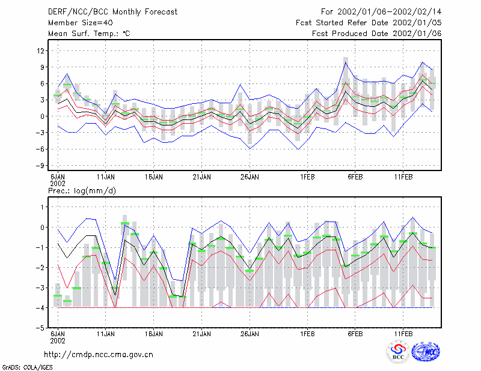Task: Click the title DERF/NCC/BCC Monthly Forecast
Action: (112, 12)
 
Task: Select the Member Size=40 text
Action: (81, 23)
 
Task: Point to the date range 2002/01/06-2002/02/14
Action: (389, 12)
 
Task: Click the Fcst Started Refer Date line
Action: (369, 23)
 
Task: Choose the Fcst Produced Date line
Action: (377, 34)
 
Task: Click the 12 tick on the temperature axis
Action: (40, 50)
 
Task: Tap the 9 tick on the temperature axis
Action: (42, 67)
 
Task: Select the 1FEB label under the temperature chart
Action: (307, 177)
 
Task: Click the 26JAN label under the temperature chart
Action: (250, 177)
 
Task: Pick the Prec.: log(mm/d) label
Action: (82, 191)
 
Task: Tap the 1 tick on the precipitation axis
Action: (43, 207)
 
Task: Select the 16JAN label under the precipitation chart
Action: (154, 334)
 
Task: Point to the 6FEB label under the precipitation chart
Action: (355, 334)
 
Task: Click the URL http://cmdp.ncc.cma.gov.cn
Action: (99, 355)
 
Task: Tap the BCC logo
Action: (398, 352)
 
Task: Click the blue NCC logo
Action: (426, 352)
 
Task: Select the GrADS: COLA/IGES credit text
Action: (27, 367)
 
